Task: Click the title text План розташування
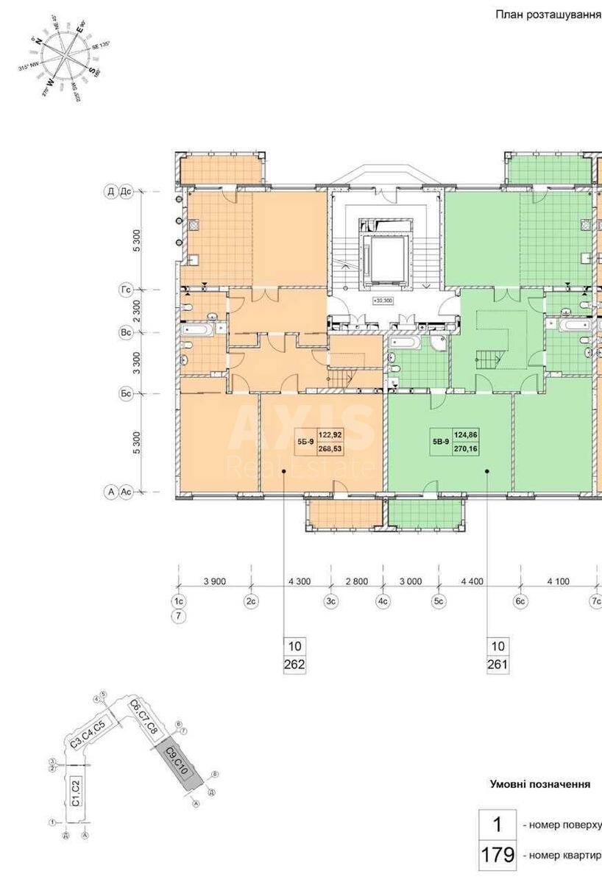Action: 547,14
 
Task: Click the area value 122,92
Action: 330,434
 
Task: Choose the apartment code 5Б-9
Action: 305,441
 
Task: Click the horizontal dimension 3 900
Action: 213,581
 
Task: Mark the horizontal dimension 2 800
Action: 355,581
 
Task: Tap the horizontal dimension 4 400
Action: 472,581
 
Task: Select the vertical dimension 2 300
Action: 137,311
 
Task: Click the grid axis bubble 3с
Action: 331,601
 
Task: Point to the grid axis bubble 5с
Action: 439,601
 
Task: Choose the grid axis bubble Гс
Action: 126,290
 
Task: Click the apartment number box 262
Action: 295,665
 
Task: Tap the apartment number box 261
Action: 497,665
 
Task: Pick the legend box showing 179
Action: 497,856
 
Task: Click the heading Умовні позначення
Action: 540,784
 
